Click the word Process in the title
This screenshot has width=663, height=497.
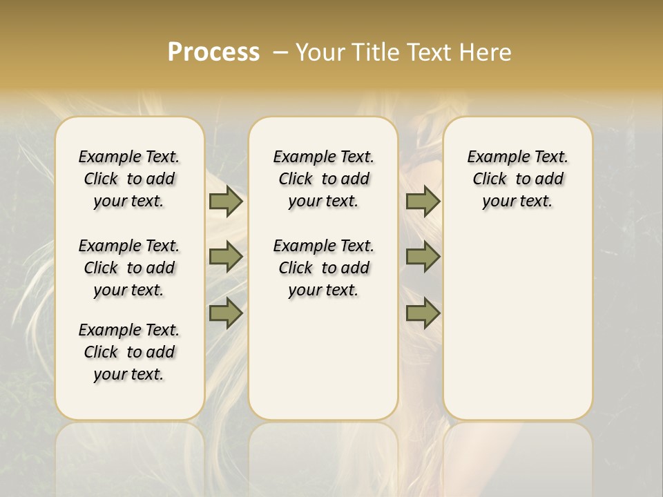pos(213,52)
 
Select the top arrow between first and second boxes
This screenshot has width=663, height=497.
pos(226,201)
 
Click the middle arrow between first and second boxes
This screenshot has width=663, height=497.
pos(226,257)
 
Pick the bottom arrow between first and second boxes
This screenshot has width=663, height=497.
pos(226,313)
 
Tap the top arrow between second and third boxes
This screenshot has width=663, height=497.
pos(423,201)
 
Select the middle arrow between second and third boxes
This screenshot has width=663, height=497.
pos(423,257)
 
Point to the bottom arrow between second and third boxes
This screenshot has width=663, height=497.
pos(423,313)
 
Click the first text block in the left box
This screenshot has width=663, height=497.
pos(129,179)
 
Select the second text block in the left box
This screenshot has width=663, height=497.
pos(129,268)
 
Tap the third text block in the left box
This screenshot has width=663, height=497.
pos(129,352)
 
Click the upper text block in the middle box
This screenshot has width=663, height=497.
pos(324,179)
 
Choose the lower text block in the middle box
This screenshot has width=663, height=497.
pos(324,268)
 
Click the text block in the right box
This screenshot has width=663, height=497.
pos(518,179)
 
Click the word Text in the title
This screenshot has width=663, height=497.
pos(432,52)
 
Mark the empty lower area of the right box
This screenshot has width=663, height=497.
pos(518,324)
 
